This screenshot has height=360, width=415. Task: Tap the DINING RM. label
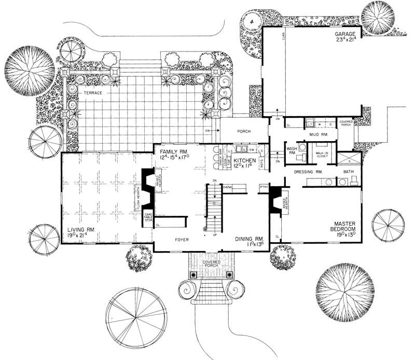pos(251,238)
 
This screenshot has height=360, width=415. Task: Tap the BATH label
pos(347,171)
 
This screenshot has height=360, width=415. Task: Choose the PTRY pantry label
pos(264,185)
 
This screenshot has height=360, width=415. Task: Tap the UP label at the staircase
pos(214,235)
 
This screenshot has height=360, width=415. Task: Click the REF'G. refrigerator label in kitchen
pos(261,164)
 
